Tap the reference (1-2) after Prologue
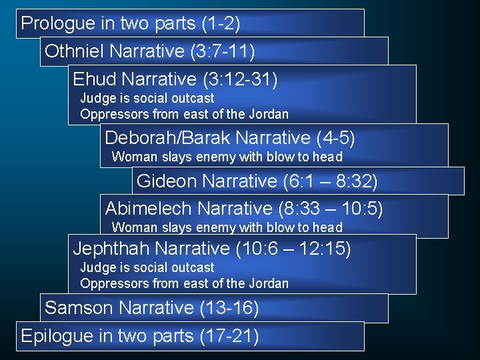[x=220, y=24]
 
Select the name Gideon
[x=165, y=181]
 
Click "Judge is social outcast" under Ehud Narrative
[x=147, y=99]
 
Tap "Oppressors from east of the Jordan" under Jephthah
[x=185, y=283]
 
